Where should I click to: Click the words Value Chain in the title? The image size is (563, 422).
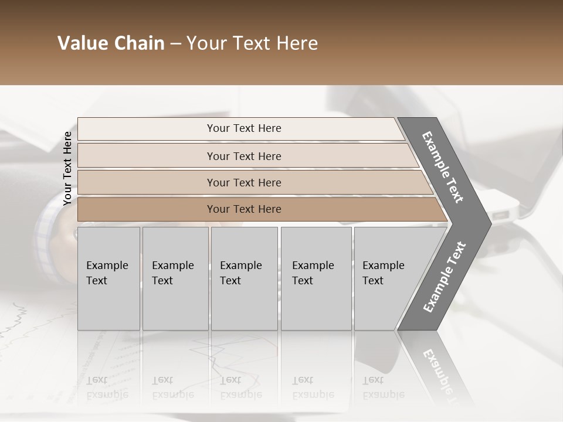click(111, 43)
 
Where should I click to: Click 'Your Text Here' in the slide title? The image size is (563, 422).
click(252, 43)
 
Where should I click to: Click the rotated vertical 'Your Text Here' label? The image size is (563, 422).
click(67, 169)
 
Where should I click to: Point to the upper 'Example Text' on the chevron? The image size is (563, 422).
click(443, 166)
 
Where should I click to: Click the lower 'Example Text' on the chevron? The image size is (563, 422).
click(445, 277)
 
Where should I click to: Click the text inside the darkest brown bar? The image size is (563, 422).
click(244, 209)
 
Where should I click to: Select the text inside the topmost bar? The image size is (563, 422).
click(244, 128)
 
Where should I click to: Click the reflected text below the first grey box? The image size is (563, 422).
click(107, 387)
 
